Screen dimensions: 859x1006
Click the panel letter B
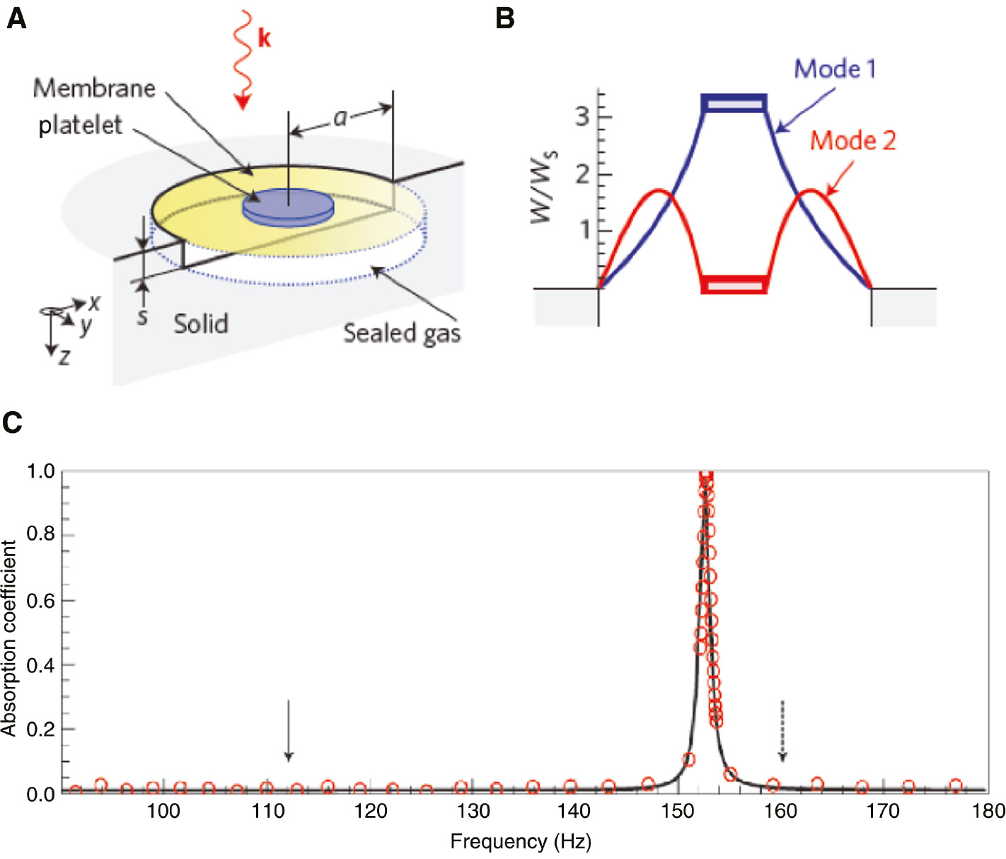(x=504, y=18)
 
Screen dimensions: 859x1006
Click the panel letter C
(x=12, y=422)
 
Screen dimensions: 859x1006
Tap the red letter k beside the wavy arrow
(x=264, y=38)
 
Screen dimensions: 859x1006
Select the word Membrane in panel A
(x=94, y=88)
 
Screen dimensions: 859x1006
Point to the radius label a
(x=340, y=117)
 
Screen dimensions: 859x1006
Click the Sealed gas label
(x=402, y=333)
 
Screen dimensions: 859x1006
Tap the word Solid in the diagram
(x=201, y=324)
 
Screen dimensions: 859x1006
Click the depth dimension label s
(x=142, y=316)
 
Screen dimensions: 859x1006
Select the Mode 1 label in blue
(x=835, y=69)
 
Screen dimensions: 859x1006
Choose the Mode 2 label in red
(x=852, y=141)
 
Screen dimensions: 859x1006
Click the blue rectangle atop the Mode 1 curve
(x=734, y=103)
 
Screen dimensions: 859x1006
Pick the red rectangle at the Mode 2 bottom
(x=734, y=284)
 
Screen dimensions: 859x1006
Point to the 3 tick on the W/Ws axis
(x=582, y=117)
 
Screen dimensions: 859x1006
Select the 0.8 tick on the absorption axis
(x=40, y=534)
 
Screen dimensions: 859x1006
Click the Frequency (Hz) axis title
(x=521, y=841)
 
